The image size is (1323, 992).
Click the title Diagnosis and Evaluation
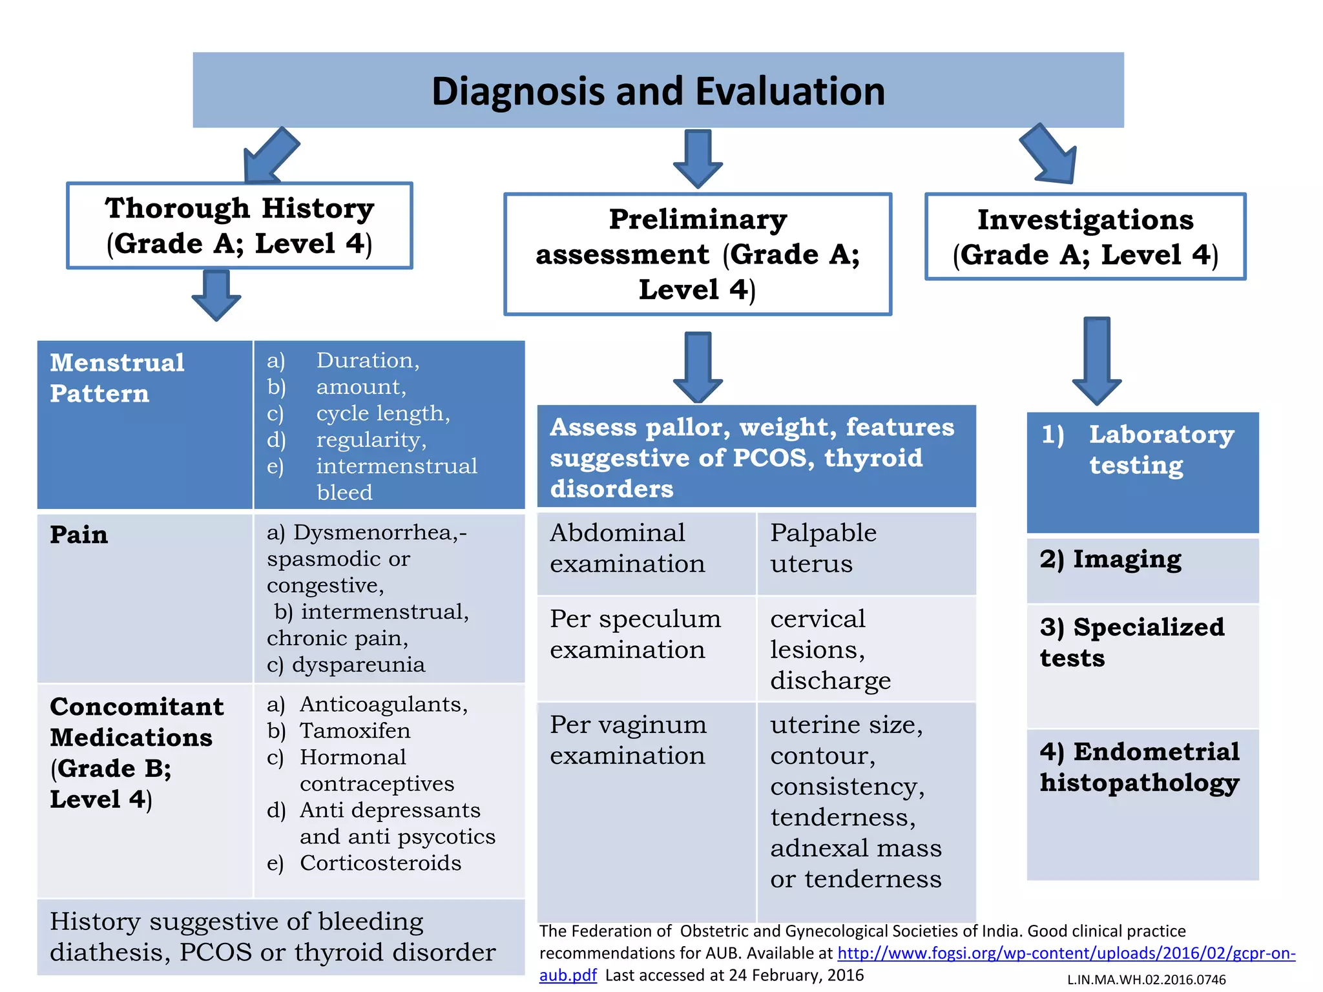[658, 91]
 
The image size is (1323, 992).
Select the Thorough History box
[240, 226]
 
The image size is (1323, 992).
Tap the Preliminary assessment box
[698, 254]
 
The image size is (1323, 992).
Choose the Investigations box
[1085, 237]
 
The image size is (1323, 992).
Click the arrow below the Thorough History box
[216, 295]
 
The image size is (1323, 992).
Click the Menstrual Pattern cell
[118, 378]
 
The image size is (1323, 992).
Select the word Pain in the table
[79, 535]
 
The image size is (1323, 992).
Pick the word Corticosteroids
[380, 863]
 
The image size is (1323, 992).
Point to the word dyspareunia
[359, 665]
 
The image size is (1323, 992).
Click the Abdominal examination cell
[627, 548]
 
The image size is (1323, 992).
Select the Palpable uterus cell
[823, 548]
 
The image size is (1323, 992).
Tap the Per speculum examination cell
[635, 634]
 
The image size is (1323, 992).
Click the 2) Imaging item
[1111, 559]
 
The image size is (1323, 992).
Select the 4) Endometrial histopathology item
[1140, 767]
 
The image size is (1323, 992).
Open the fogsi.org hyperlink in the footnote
[1066, 953]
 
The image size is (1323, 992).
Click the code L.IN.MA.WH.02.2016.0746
[1146, 980]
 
